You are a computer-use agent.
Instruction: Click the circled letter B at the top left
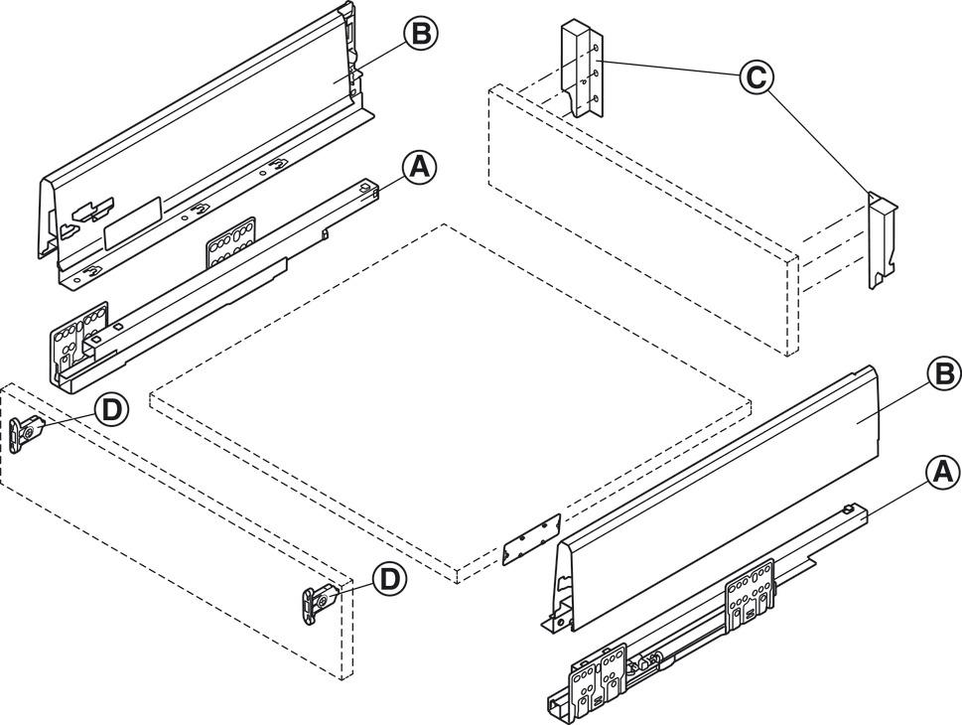pyautogui.click(x=419, y=34)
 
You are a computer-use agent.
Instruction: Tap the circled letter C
pyautogui.click(x=756, y=76)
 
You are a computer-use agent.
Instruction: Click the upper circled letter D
pyautogui.click(x=112, y=409)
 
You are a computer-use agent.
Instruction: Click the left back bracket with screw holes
pyautogui.click(x=581, y=72)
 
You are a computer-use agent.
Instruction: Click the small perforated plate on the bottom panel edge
pyautogui.click(x=532, y=538)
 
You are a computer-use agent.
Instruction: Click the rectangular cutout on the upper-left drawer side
pyautogui.click(x=132, y=221)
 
